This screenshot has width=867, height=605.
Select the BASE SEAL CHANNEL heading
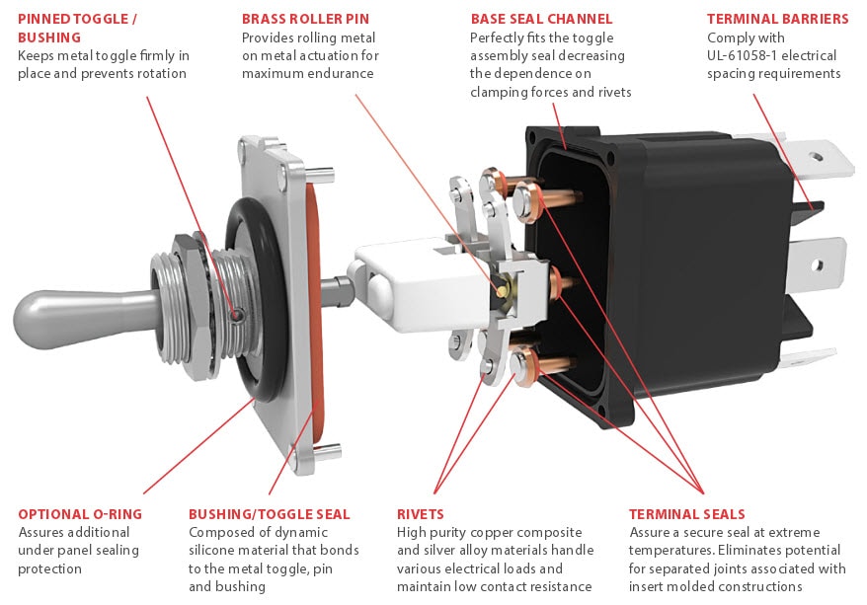541,19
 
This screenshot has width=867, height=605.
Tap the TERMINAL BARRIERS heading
777,19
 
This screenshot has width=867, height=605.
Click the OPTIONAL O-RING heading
80,514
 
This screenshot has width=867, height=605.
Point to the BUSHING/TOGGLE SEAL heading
269,514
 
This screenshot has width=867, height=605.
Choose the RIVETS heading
421,514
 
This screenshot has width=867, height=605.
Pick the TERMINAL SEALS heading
686,514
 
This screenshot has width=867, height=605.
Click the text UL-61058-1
749,55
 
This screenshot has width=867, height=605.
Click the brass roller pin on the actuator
503,289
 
